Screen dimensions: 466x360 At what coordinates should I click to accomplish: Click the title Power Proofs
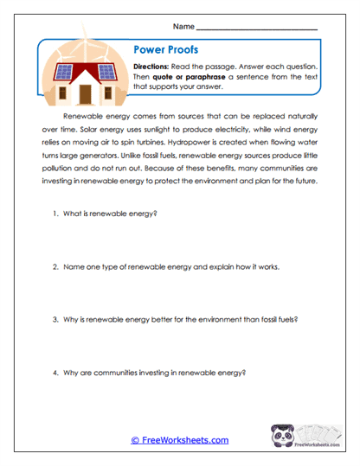click(162, 50)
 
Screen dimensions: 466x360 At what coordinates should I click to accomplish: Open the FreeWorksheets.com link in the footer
click(179, 440)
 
